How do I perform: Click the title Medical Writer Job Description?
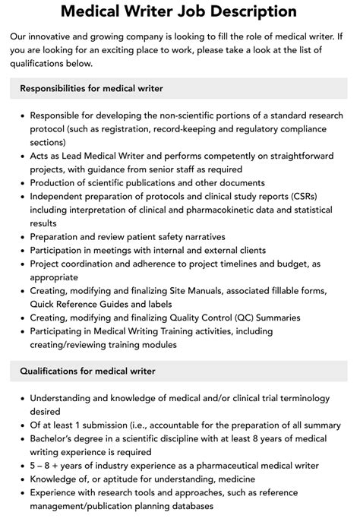179,11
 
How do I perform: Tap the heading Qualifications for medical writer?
87,371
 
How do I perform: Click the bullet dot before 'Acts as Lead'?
22,156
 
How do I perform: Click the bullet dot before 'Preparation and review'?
22,236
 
